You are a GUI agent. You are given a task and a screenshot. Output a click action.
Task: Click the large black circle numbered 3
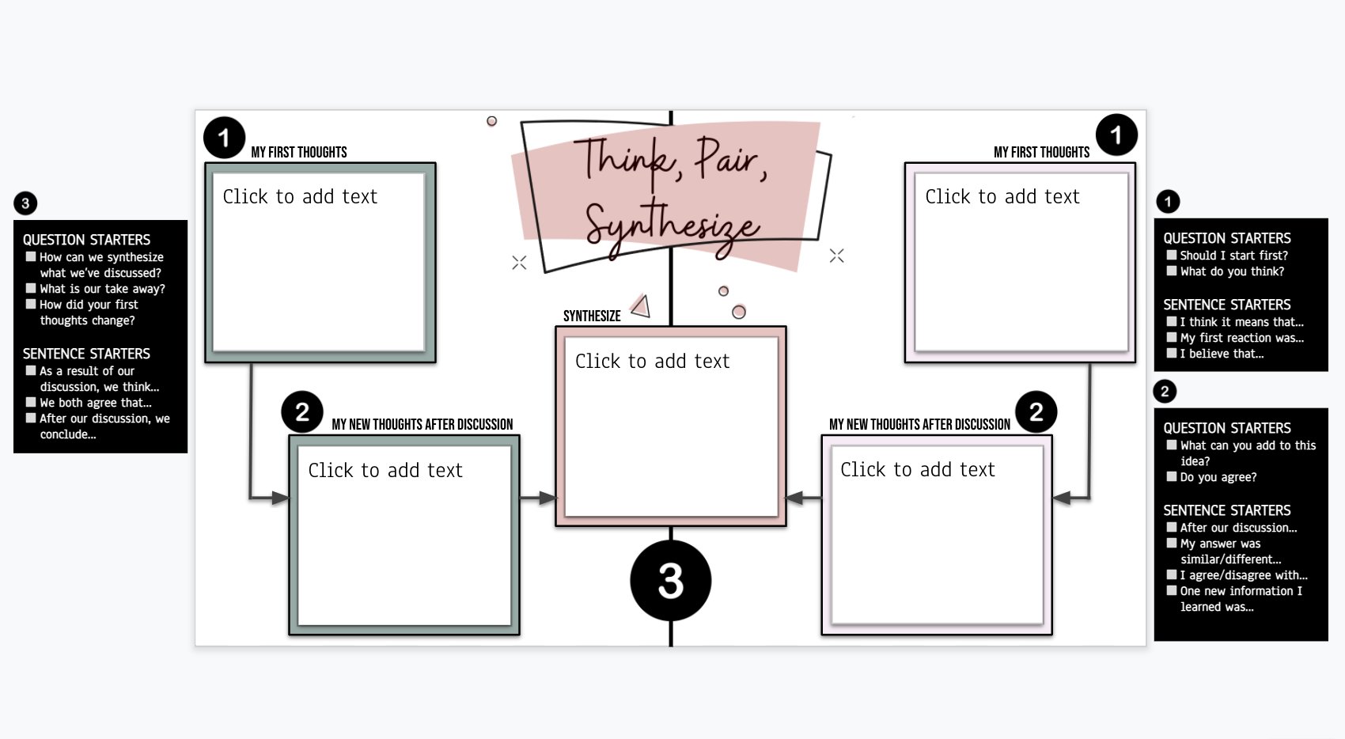click(670, 581)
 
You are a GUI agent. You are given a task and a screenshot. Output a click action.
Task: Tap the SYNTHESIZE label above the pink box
click(592, 316)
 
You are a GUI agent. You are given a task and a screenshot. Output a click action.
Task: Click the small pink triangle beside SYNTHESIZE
click(641, 306)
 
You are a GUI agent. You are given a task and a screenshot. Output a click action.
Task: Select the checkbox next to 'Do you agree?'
click(1172, 476)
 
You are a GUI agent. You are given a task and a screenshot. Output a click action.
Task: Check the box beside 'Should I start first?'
click(1172, 255)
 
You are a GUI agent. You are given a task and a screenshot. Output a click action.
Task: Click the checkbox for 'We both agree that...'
click(31, 402)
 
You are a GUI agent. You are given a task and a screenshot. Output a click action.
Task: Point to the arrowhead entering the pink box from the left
click(548, 498)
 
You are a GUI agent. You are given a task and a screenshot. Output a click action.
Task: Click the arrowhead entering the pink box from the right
click(794, 498)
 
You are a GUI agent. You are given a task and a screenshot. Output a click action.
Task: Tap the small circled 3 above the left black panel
click(25, 203)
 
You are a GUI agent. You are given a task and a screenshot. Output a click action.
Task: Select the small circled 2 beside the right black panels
click(1165, 391)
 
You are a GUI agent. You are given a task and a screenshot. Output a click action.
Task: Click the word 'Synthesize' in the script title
click(672, 226)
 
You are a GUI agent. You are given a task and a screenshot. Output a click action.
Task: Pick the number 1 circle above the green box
click(224, 138)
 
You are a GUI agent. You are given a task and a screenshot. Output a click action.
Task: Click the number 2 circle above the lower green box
click(302, 411)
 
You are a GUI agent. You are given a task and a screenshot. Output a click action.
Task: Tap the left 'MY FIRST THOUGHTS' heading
click(299, 152)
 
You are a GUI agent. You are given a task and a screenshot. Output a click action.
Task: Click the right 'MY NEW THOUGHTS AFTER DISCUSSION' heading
click(919, 424)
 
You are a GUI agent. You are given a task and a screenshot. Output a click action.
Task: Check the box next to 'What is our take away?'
click(31, 288)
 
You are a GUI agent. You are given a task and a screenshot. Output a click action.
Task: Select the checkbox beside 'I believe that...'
click(1172, 353)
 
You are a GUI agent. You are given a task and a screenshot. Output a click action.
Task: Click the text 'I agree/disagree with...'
click(1244, 575)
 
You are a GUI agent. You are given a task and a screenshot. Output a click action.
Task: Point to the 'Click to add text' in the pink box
click(652, 362)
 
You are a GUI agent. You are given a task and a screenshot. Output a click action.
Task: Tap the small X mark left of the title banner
click(519, 263)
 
